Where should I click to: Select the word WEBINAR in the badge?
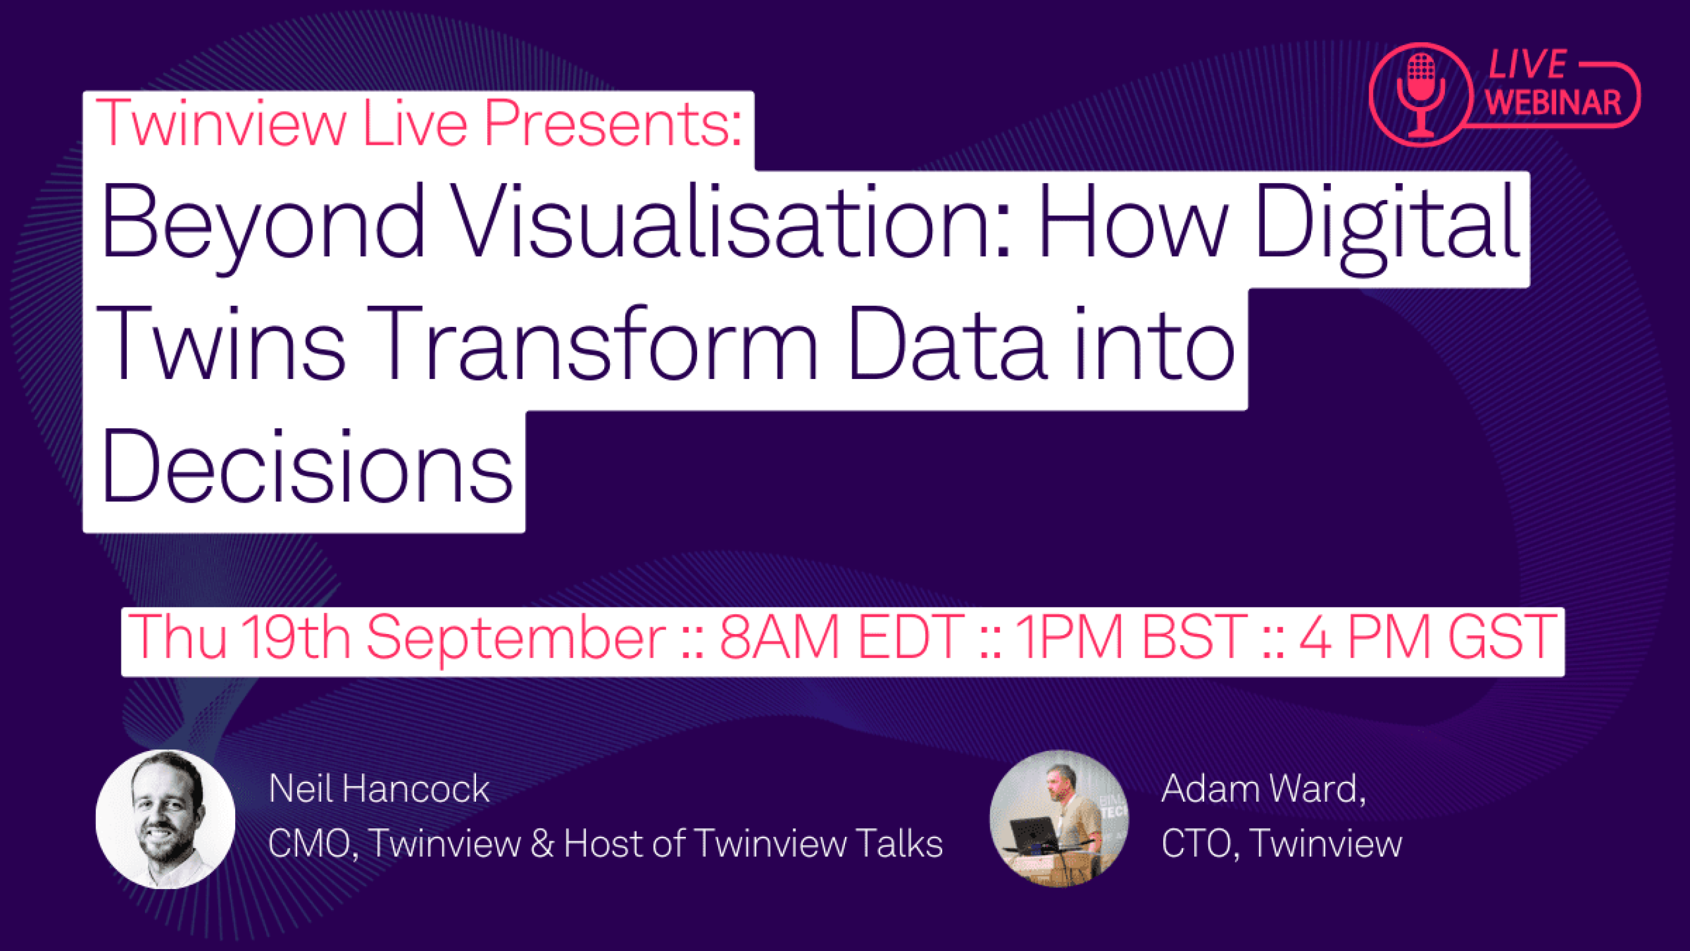(x=1553, y=103)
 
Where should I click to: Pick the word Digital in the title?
(x=1387, y=223)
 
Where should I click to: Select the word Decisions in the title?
(x=306, y=466)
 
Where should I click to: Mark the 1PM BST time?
(x=1130, y=636)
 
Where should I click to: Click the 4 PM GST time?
(x=1428, y=636)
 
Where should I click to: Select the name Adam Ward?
(x=1263, y=788)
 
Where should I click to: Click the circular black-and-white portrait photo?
(x=165, y=819)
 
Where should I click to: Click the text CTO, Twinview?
(x=1281, y=843)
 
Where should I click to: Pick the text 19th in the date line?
(x=295, y=636)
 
